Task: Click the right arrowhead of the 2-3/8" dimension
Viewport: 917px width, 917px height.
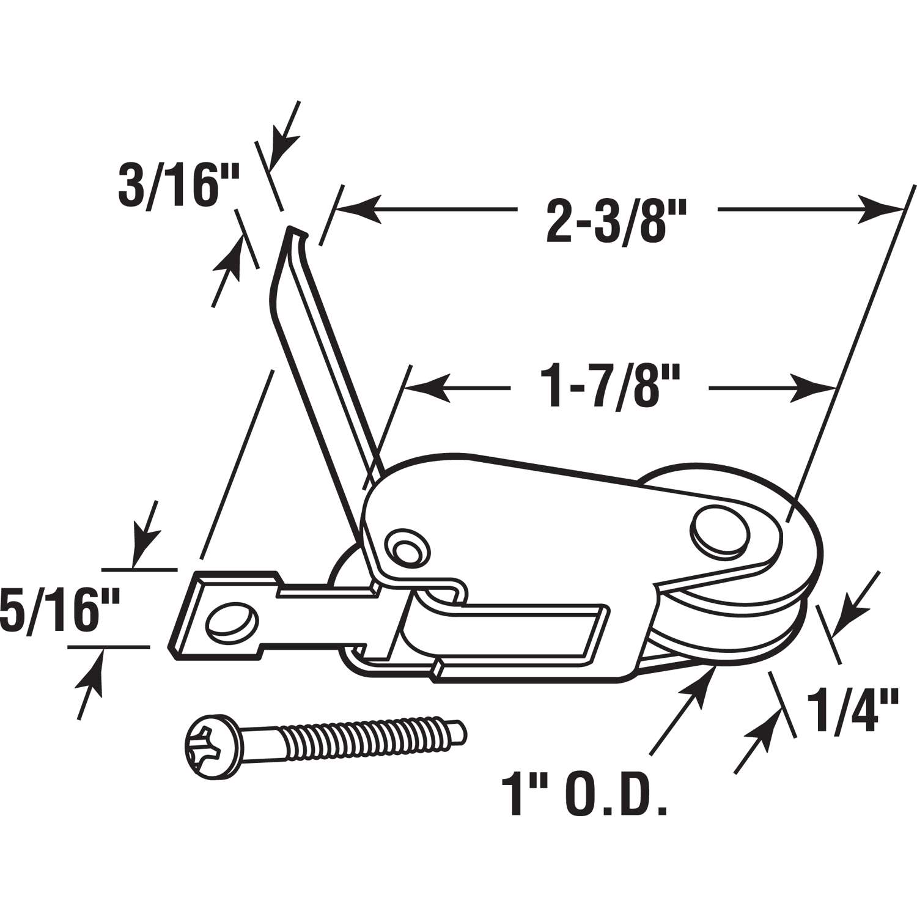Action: click(880, 208)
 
